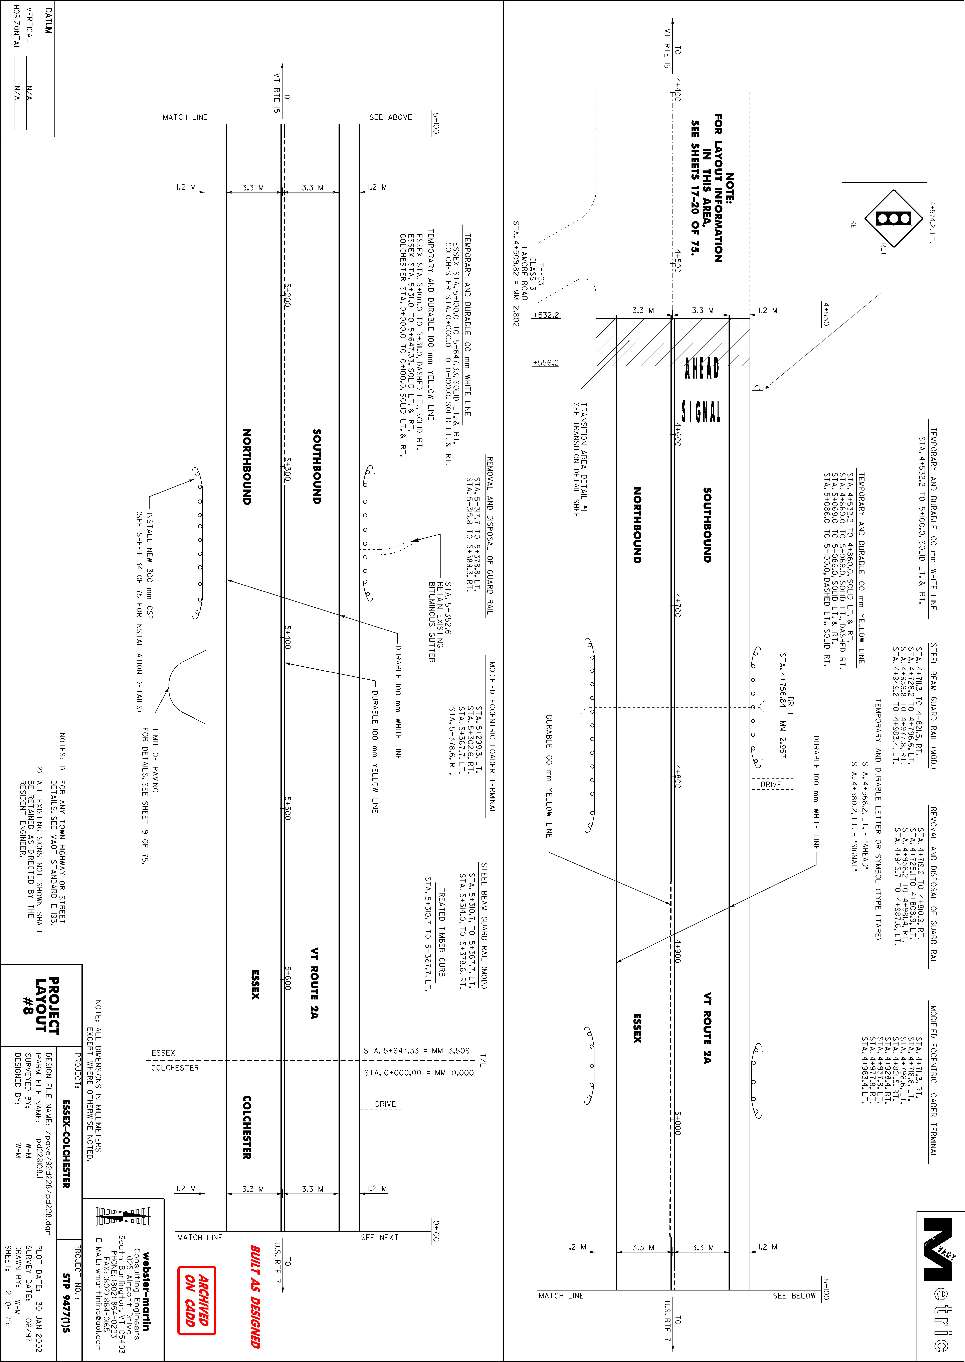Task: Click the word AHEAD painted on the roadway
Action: (702, 368)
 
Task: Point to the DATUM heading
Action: (48, 21)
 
